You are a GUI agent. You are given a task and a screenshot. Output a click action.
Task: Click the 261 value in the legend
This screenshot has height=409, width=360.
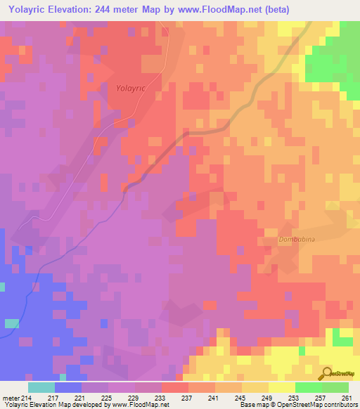click(x=346, y=398)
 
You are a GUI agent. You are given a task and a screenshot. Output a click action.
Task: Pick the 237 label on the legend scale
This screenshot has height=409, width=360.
click(x=186, y=398)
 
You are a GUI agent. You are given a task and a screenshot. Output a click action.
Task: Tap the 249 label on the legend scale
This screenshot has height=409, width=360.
click(x=266, y=398)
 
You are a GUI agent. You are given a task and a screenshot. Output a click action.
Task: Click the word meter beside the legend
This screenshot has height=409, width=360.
click(x=11, y=398)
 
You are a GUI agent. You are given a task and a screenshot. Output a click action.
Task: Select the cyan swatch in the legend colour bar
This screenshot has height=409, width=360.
click(x=41, y=387)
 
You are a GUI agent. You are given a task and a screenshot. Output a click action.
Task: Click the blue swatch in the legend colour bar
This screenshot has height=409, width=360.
click(x=67, y=387)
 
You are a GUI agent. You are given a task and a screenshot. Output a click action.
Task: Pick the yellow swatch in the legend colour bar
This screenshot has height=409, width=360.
click(x=281, y=387)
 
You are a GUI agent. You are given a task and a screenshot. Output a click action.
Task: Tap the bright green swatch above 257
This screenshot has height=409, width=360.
click(x=308, y=387)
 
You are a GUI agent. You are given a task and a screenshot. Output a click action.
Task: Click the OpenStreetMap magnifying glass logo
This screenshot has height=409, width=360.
click(x=326, y=373)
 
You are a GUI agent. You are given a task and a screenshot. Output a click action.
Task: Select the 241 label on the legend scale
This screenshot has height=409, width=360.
click(x=213, y=398)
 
